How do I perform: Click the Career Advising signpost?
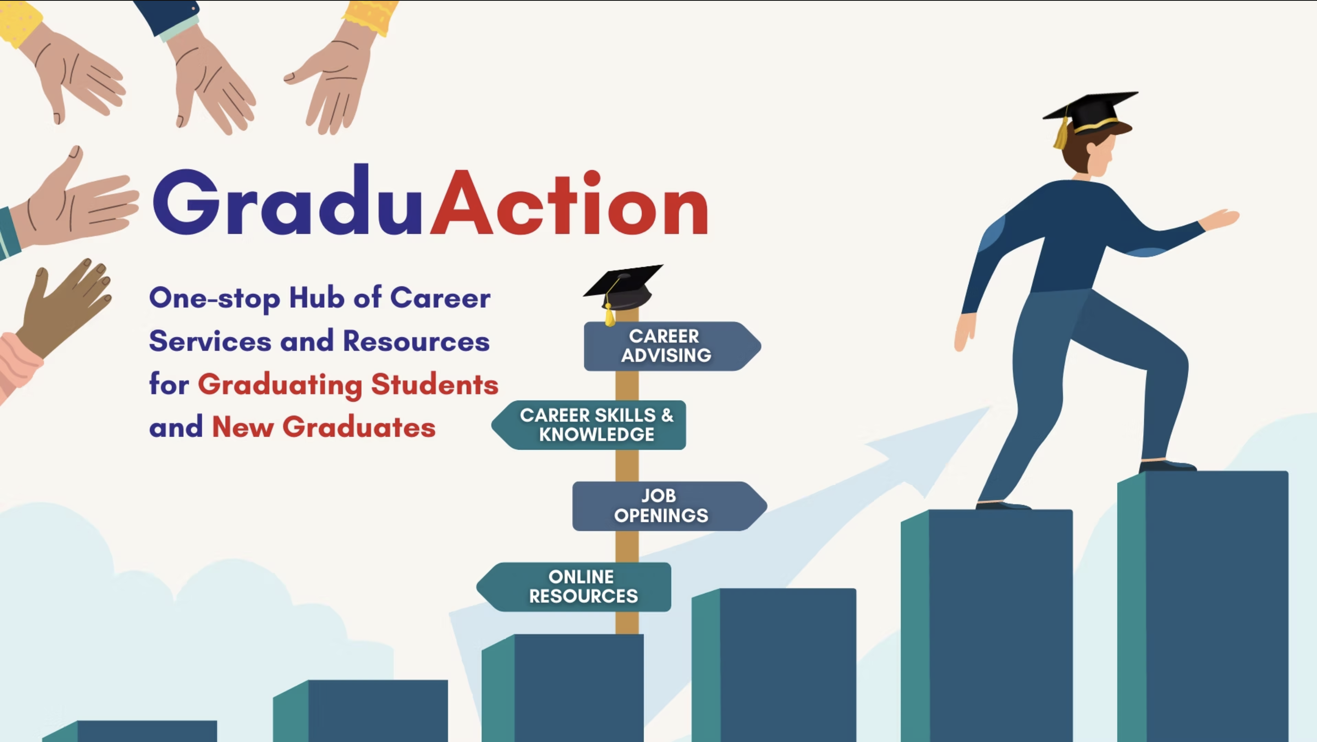click(672, 346)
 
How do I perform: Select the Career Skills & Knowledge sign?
click(589, 425)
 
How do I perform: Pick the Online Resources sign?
click(574, 586)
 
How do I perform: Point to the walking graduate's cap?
click(1090, 117)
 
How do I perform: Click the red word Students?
click(435, 384)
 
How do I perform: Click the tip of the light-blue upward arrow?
click(991, 407)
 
